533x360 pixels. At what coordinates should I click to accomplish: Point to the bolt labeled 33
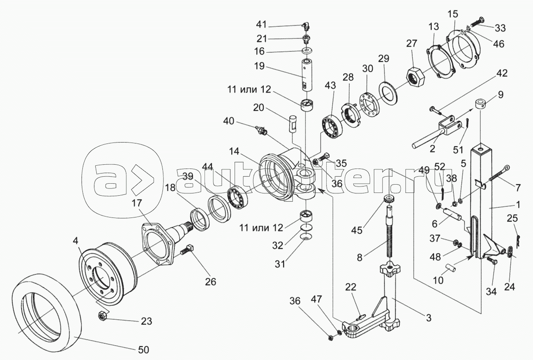(x=479, y=21)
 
